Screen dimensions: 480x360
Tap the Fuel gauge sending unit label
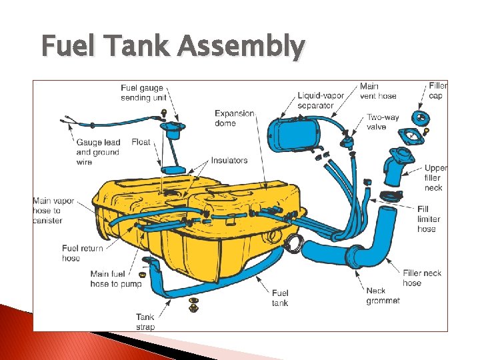[142, 93]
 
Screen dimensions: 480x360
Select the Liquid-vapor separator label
[321, 100]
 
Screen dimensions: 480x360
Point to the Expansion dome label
[234, 118]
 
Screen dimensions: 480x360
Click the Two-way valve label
[383, 122]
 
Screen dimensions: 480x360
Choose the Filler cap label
[437, 91]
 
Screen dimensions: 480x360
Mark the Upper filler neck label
[435, 178]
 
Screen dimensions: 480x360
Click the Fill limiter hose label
[429, 219]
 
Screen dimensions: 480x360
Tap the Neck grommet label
[383, 295]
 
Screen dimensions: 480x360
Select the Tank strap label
[145, 322]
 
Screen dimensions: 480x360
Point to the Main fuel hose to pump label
[116, 279]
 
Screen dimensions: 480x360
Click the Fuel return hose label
[82, 253]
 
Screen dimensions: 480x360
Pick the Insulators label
[229, 160]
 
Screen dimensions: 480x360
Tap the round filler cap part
[421, 119]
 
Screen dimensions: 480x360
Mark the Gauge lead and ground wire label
[97, 152]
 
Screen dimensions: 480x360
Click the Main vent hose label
[378, 91]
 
